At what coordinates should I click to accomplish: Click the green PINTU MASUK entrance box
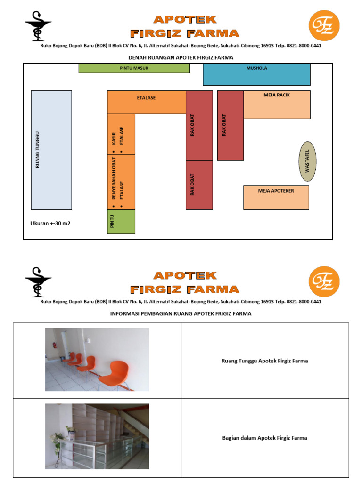(x=134, y=68)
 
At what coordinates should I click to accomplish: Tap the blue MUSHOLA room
(x=257, y=74)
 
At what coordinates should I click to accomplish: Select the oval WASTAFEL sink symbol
(x=307, y=161)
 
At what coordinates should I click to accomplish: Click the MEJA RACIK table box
(x=277, y=104)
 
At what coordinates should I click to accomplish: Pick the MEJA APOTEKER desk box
(x=276, y=198)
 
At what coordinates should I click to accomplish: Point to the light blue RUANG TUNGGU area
(x=51, y=150)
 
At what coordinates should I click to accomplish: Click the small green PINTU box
(x=121, y=222)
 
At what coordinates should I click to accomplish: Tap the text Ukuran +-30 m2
(x=50, y=223)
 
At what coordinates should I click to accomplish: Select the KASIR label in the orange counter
(x=114, y=138)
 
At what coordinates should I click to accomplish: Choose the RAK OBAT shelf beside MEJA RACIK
(x=230, y=125)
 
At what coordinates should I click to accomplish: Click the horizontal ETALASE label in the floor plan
(x=146, y=98)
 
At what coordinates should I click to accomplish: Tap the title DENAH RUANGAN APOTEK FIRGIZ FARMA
(x=181, y=57)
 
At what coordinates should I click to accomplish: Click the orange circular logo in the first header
(x=324, y=25)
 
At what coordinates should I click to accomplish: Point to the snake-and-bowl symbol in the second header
(x=38, y=282)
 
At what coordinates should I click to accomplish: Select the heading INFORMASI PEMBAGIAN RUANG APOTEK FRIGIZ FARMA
(x=181, y=313)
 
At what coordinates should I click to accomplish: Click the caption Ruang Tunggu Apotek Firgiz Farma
(x=265, y=361)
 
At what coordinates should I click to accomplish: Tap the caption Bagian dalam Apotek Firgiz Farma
(x=265, y=438)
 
